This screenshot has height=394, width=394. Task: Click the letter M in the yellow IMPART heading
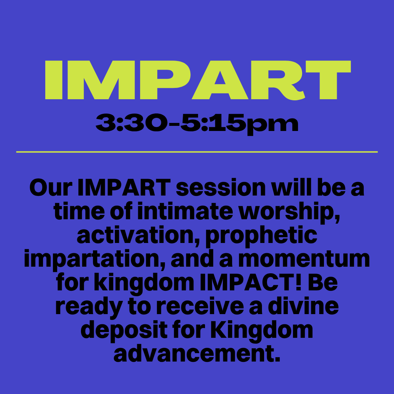point(101,80)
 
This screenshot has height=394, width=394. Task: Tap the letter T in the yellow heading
point(328,80)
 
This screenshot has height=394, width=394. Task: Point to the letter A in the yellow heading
point(220,80)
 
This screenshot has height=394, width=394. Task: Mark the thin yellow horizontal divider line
point(197,152)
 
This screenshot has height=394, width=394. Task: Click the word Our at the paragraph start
point(51,188)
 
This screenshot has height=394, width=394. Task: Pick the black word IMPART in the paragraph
point(124,188)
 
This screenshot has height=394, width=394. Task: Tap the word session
point(221,188)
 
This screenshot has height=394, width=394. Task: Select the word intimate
point(185,211)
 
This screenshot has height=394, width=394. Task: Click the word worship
point(289,213)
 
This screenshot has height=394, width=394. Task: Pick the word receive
point(200,306)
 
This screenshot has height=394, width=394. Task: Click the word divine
point(303,306)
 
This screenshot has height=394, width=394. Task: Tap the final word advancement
point(197,353)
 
